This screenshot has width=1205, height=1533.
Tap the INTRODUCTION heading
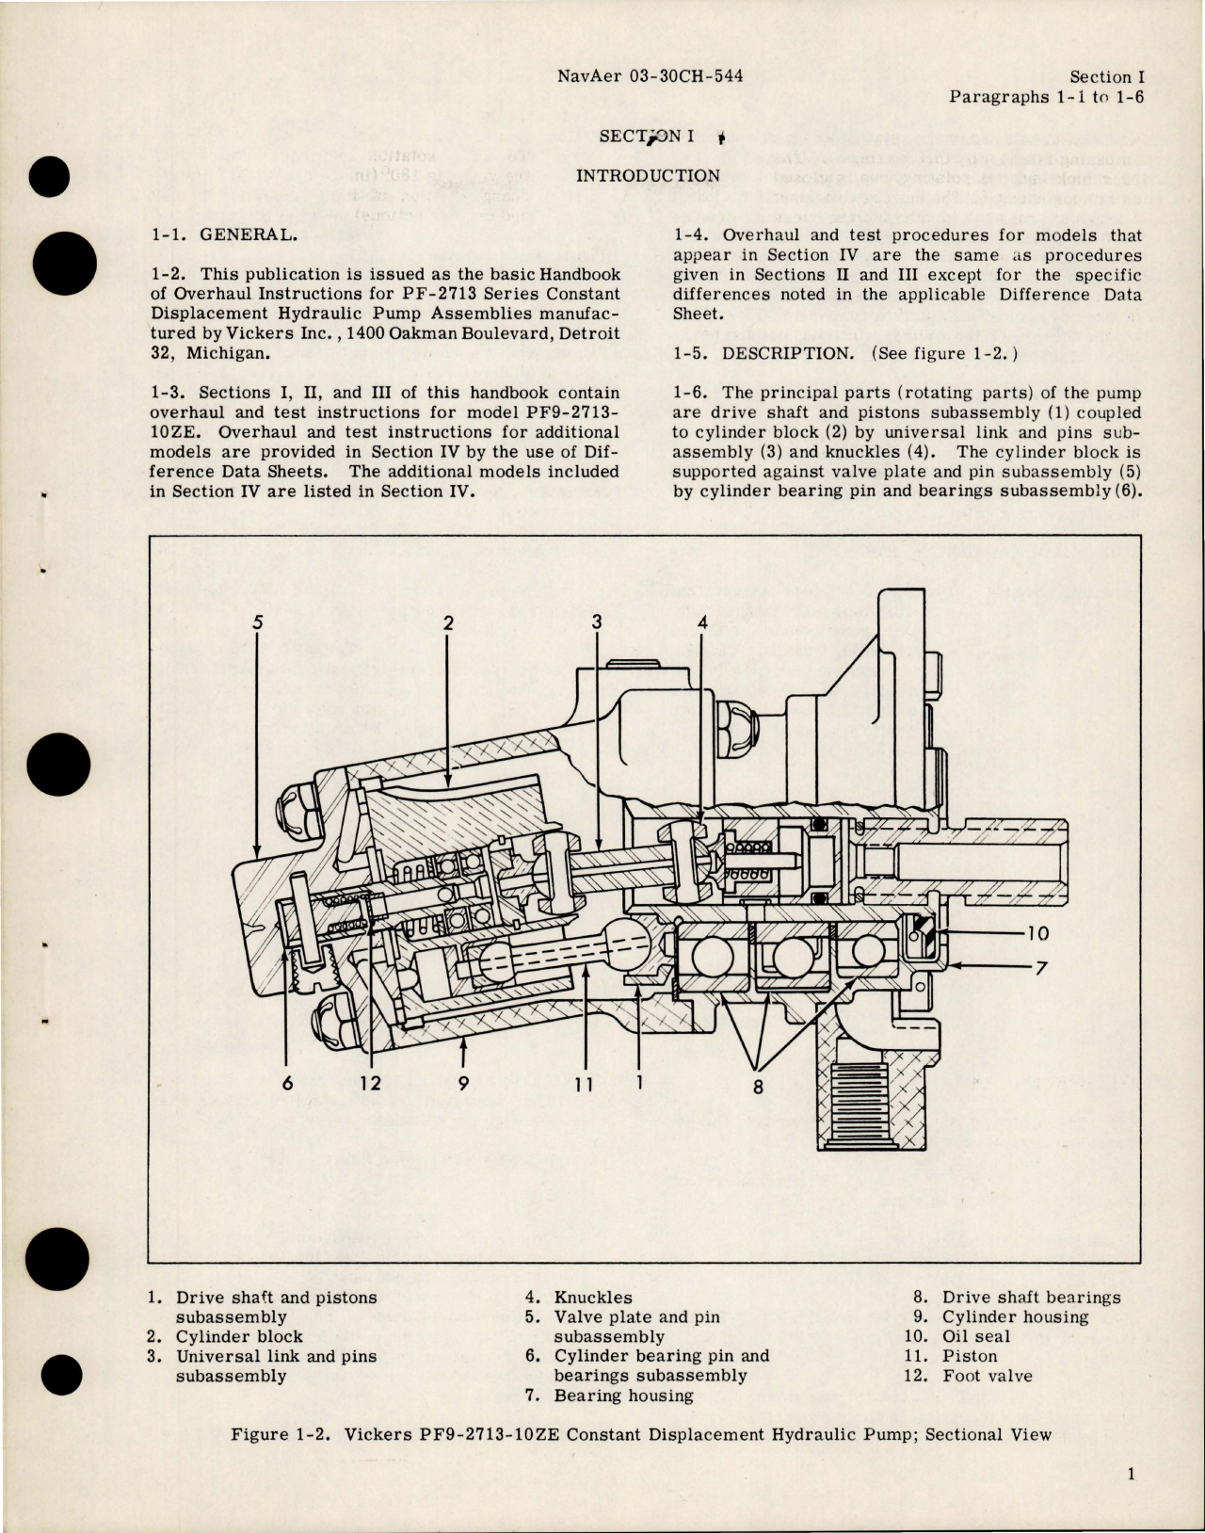coord(647,175)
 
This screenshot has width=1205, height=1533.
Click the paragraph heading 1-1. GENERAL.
coord(225,235)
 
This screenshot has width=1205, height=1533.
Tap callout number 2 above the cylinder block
coord(449,621)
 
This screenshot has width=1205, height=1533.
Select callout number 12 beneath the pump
coord(370,1083)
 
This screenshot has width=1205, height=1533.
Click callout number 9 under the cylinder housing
coord(462,1083)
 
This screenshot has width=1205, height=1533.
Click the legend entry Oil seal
coord(975,1336)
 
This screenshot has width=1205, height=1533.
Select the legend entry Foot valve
coord(987,1376)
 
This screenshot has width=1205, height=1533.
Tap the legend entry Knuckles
coord(593,1297)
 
